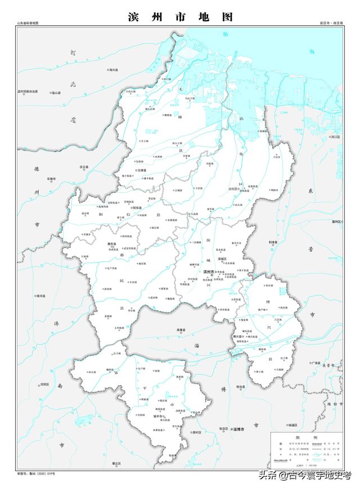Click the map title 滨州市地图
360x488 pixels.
pyautogui.click(x=179, y=17)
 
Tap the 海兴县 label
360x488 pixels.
pyautogui.click(x=114, y=70)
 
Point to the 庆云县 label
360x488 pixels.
pyautogui.click(x=85, y=167)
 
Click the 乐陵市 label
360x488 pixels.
pyautogui.click(x=52, y=179)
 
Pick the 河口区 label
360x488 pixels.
pyautogui.click(x=336, y=137)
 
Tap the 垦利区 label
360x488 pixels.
pyautogui.click(x=337, y=221)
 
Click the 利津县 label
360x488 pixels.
pyautogui.click(x=273, y=242)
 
